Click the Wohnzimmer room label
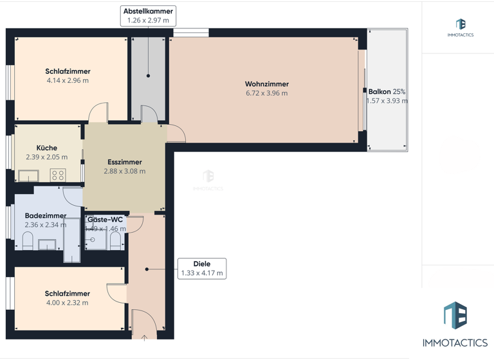tap(266, 84)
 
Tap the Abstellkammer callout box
tap(148, 16)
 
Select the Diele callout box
tap(201, 268)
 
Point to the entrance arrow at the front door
tap(144, 337)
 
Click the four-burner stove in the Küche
tap(58, 175)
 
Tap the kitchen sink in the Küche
tap(29, 175)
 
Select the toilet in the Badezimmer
tap(28, 242)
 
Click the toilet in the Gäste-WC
tap(115, 240)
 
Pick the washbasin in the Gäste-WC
tap(93, 240)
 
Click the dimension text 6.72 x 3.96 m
tap(266, 93)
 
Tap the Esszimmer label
tap(125, 162)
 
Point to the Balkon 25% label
tap(387, 92)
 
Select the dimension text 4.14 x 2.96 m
tap(68, 80)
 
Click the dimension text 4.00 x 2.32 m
tap(68, 302)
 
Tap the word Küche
tap(47, 148)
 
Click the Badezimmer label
tap(45, 216)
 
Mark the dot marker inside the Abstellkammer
tap(148, 76)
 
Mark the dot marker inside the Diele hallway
tap(147, 269)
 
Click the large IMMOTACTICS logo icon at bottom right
tap(455, 316)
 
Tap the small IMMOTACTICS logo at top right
tap(460, 24)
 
